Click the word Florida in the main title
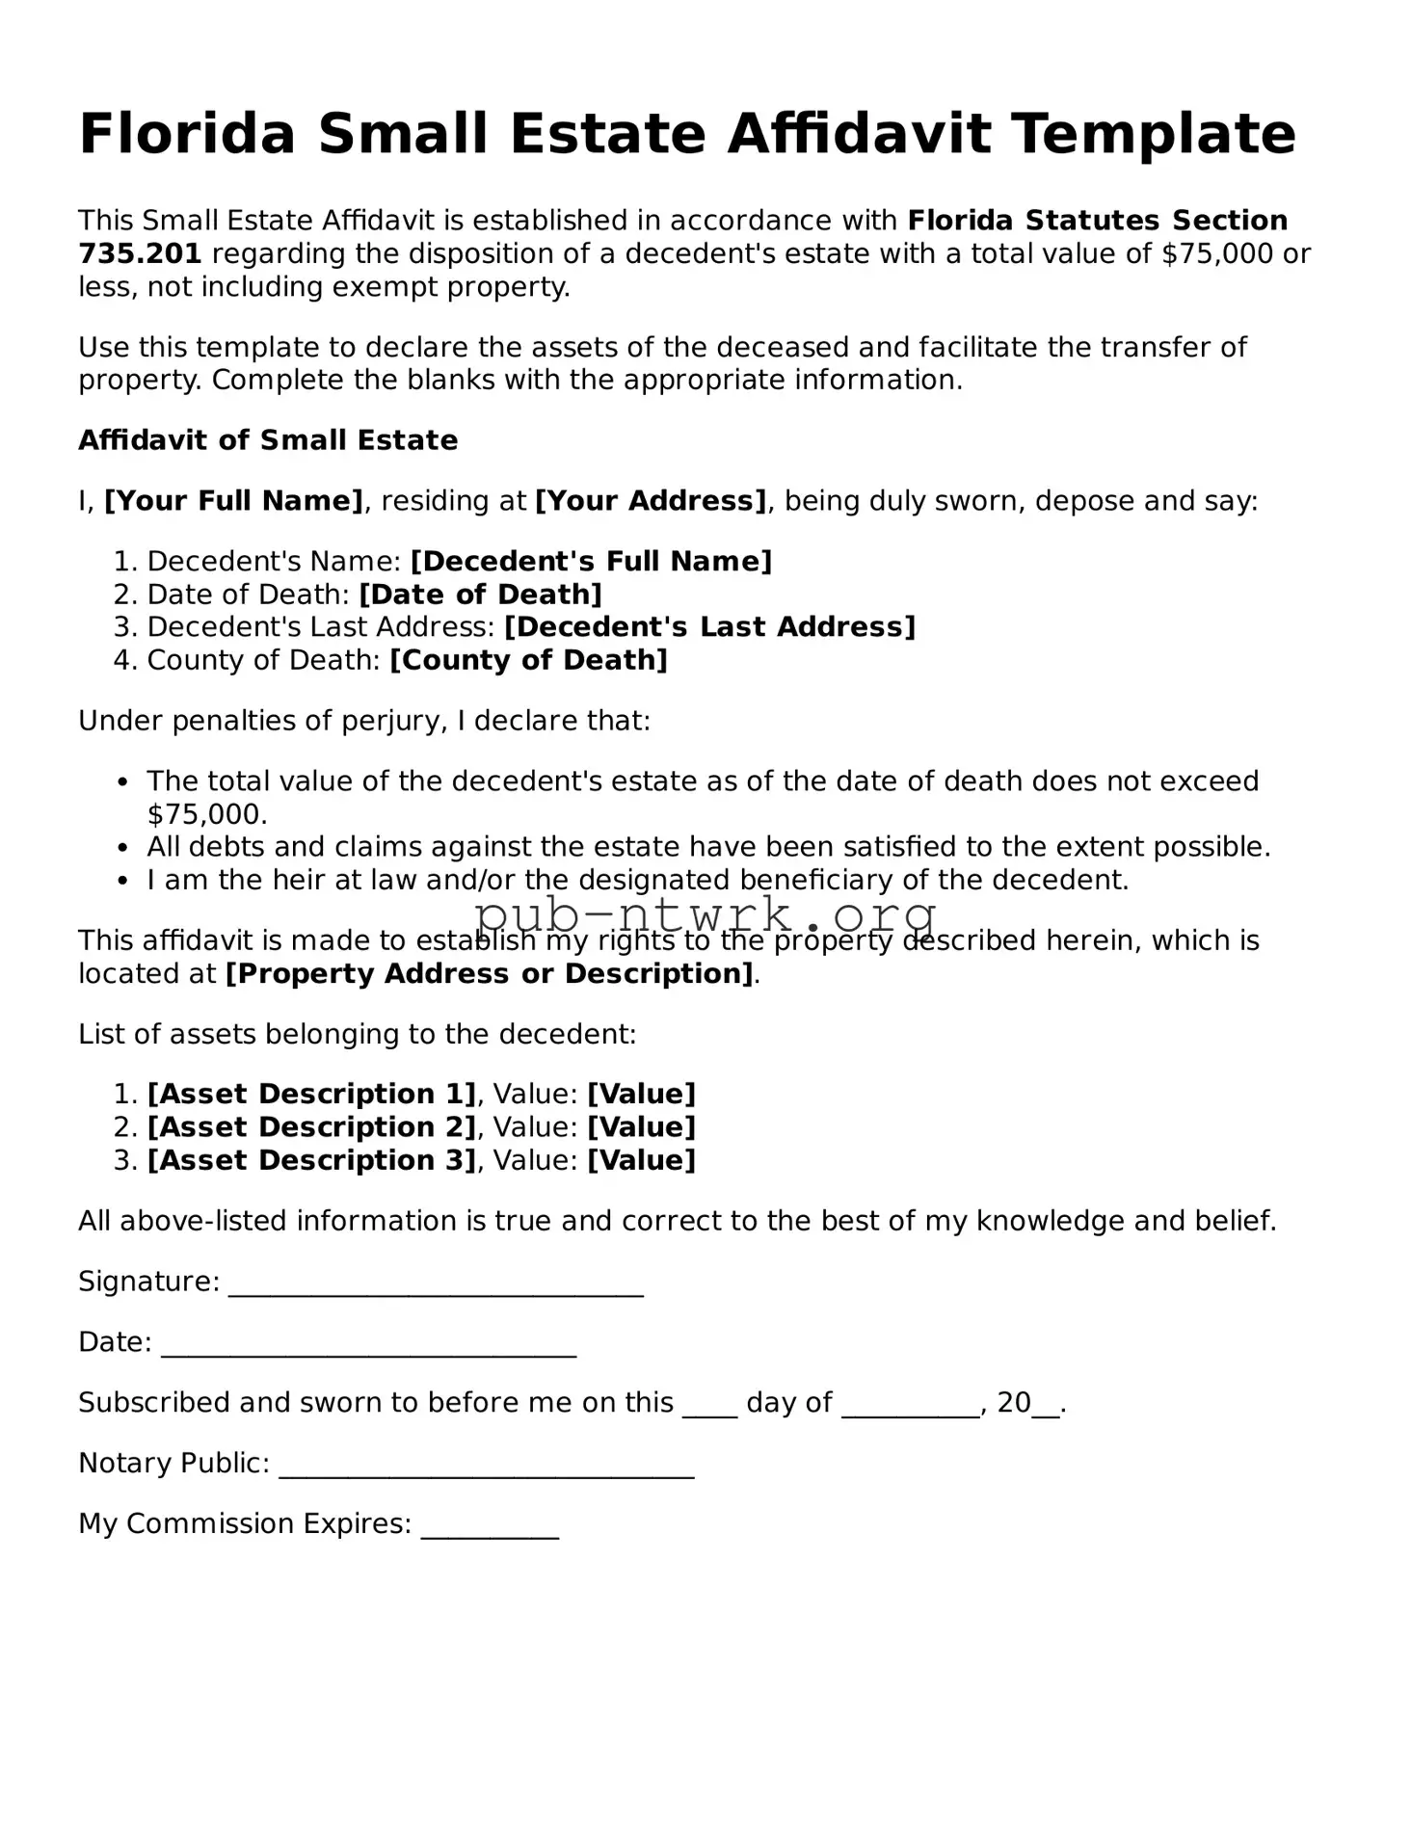tap(186, 134)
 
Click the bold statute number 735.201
tap(140, 254)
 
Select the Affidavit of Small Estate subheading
tap(268, 440)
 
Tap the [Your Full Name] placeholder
tap(233, 501)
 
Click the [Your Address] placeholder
tap(651, 501)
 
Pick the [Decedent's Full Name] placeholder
tap(591, 562)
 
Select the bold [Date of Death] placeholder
tap(480, 595)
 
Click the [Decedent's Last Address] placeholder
tap(709, 627)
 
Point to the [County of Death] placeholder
tap(528, 660)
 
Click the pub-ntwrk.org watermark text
tap(705, 912)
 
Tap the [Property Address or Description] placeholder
tap(489, 973)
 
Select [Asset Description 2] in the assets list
tap(311, 1127)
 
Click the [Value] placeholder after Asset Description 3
tap(641, 1160)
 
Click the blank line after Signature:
tap(436, 1285)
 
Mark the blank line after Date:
tap(368, 1346)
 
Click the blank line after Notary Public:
tap(486, 1467)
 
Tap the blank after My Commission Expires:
tap(490, 1527)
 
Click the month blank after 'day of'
tap(911, 1406)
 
